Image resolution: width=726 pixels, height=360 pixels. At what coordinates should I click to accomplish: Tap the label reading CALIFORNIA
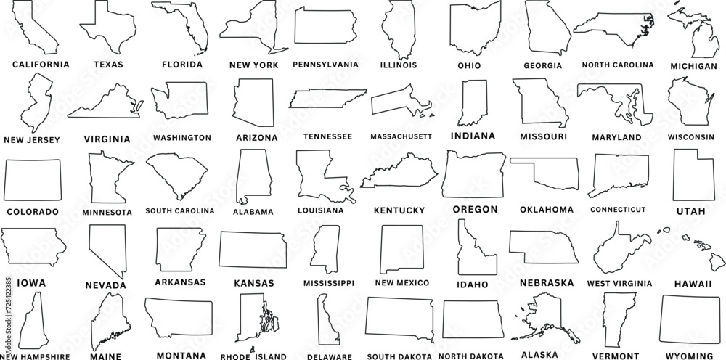point(41,65)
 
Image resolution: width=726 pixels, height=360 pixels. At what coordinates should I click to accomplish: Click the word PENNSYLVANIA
point(325,65)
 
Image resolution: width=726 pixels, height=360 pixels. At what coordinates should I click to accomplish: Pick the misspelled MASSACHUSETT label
point(401,136)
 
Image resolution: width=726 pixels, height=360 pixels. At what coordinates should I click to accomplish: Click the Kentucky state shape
point(401,172)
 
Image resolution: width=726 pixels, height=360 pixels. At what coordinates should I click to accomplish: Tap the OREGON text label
point(475,209)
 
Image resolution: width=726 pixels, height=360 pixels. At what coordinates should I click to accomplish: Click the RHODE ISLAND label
point(253,356)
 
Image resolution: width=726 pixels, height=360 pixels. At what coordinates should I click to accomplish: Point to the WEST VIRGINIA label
point(619,282)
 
